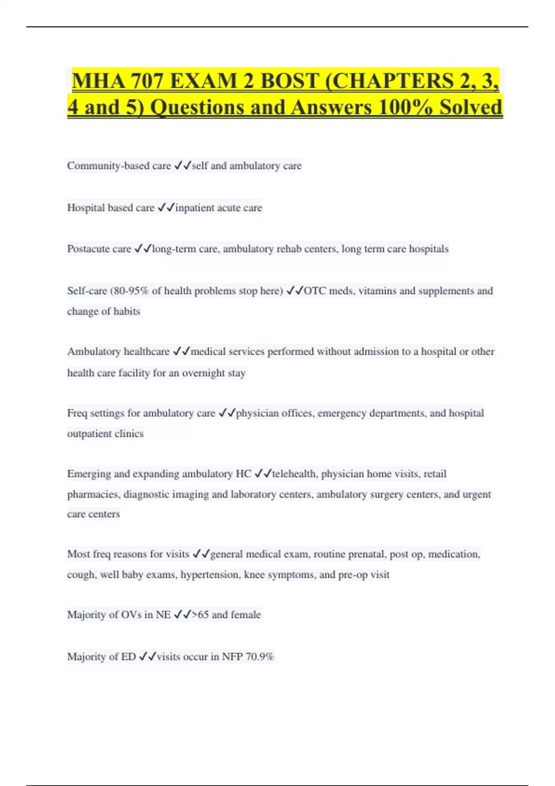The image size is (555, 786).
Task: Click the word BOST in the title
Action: click(290, 81)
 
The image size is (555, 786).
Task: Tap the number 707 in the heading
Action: click(147, 81)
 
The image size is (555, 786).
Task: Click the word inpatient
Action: click(195, 208)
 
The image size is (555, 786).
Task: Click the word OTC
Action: click(314, 291)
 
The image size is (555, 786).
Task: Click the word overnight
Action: click(203, 373)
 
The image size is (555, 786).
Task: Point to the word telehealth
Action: click(295, 474)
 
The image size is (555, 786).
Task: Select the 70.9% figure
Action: click(260, 657)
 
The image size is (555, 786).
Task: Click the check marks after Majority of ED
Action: click(148, 657)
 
